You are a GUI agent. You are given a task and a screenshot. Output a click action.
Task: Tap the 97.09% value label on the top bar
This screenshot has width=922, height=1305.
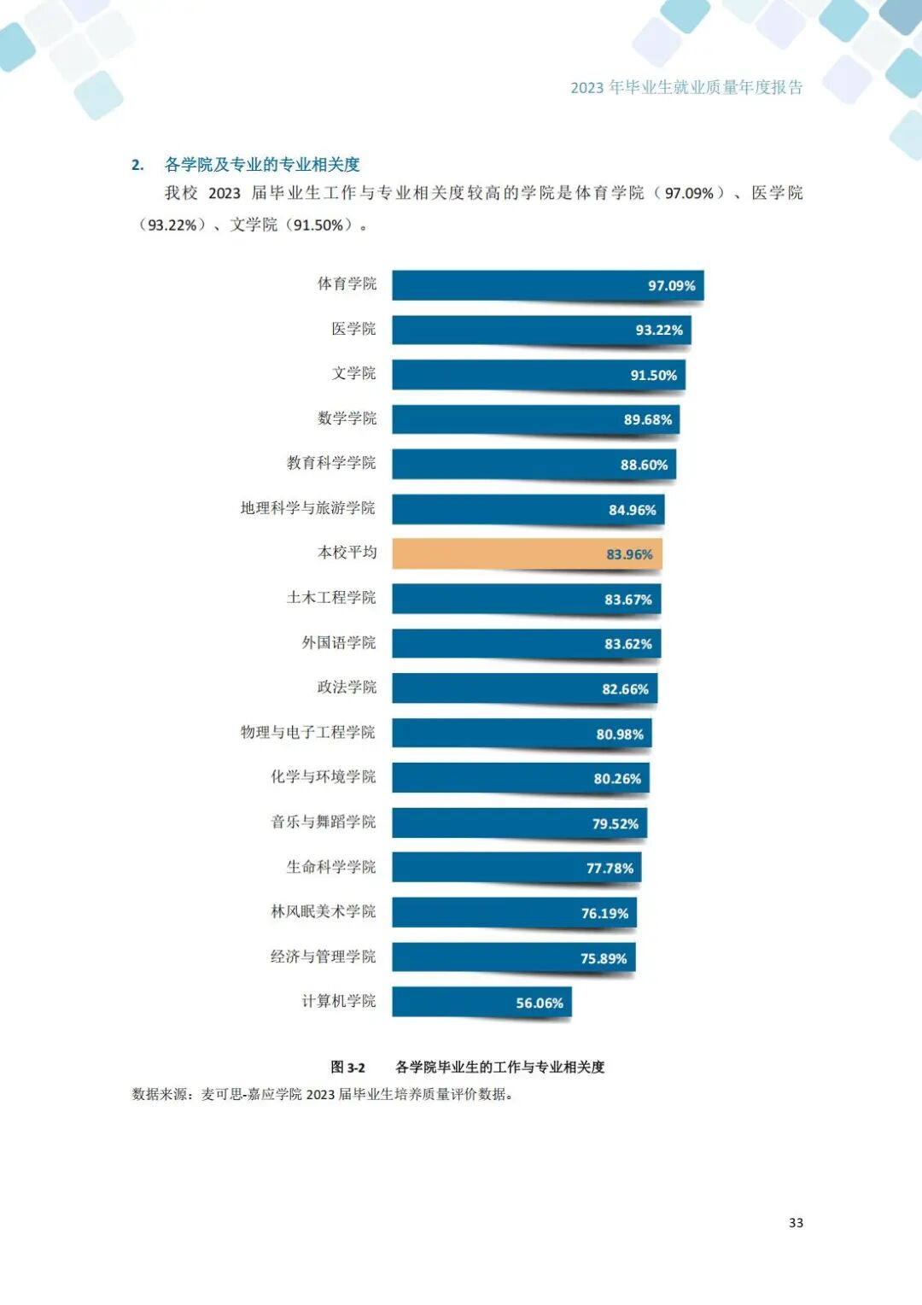tap(671, 285)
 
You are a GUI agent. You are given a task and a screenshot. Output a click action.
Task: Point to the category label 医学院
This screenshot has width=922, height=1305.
tap(353, 329)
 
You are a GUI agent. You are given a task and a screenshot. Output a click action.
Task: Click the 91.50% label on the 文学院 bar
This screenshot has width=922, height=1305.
tap(653, 375)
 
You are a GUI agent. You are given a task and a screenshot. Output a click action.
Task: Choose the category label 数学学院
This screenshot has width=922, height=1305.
tap(347, 418)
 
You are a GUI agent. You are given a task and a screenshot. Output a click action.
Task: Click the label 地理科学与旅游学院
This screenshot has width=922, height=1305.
tap(307, 508)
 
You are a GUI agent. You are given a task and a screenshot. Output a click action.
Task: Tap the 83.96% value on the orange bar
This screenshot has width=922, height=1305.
tap(629, 554)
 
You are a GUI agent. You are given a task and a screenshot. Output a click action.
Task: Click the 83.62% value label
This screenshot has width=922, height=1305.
tap(627, 644)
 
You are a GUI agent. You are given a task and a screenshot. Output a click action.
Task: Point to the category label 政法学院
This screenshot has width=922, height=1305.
tap(347, 688)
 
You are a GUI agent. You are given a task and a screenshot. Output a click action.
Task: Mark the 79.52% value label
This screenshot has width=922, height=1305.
tap(615, 823)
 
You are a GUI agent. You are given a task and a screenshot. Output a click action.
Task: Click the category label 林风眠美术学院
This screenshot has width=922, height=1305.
tap(323, 911)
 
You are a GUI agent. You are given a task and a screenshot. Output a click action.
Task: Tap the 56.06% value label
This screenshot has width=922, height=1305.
tap(539, 1003)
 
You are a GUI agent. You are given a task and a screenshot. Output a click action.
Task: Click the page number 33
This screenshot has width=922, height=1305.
tap(796, 1223)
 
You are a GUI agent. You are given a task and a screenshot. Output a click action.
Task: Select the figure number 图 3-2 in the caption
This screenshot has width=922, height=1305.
tap(347, 1067)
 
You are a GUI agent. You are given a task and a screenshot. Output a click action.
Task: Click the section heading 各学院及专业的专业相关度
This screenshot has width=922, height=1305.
tap(262, 165)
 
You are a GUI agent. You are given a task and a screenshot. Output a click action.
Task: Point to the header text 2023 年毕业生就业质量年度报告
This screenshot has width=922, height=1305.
tap(686, 87)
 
